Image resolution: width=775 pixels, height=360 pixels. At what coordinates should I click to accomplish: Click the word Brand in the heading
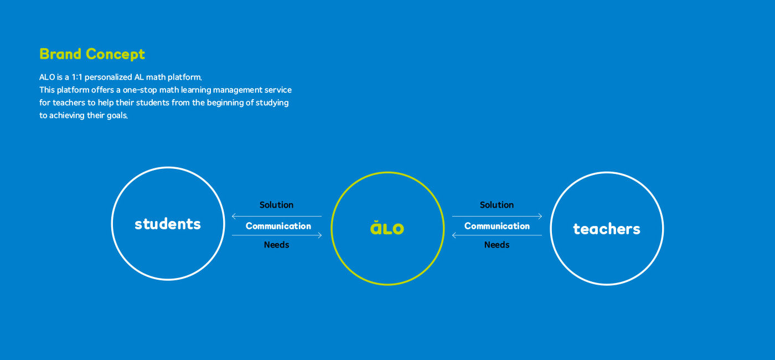[x=60, y=54]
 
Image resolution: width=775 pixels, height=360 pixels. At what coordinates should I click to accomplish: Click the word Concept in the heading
[x=116, y=55]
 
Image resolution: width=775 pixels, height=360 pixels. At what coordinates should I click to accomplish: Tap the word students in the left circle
[x=168, y=224]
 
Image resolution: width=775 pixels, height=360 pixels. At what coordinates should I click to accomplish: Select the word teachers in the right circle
[x=607, y=229]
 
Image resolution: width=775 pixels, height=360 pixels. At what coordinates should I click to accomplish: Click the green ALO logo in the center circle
[x=387, y=228]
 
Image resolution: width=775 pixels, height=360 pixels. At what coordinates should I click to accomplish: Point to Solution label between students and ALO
[x=276, y=205]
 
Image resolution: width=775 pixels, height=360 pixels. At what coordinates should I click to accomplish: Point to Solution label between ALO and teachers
[x=497, y=205]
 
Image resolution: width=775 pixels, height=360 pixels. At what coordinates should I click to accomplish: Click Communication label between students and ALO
[x=278, y=226]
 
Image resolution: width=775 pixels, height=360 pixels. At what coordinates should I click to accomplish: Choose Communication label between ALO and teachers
[x=497, y=226]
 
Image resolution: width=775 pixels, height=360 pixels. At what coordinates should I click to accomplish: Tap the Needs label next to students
[x=276, y=245]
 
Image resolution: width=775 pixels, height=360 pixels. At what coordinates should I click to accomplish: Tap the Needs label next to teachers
[x=497, y=245]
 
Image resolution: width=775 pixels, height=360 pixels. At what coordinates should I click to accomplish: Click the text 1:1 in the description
[x=77, y=77]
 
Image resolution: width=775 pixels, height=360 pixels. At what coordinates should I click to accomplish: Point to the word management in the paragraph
[x=237, y=90]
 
